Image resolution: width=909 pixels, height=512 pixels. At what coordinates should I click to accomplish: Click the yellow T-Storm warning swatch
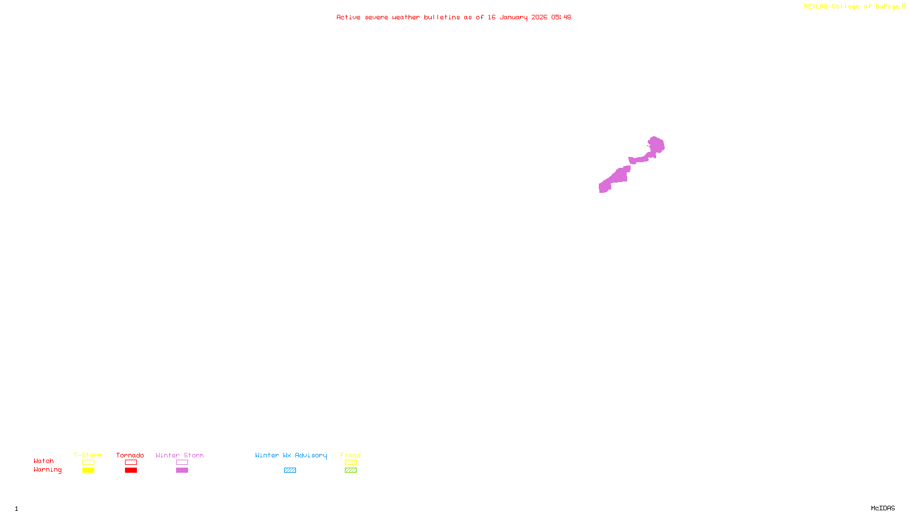(x=88, y=470)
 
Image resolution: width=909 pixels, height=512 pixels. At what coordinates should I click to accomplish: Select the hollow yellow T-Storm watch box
(x=88, y=463)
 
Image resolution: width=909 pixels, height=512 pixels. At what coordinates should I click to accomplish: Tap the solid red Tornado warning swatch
(x=131, y=470)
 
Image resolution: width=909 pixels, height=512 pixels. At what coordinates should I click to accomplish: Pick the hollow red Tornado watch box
(x=131, y=463)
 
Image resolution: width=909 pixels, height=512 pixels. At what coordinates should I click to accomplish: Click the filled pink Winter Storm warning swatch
(x=182, y=470)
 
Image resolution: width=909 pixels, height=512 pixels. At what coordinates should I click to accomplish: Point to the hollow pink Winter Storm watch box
(x=182, y=463)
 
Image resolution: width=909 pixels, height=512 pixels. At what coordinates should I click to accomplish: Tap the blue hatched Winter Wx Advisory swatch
(x=290, y=470)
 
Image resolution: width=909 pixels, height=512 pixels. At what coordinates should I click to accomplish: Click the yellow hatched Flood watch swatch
(x=351, y=463)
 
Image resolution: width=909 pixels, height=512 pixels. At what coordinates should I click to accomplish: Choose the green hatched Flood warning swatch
(x=351, y=470)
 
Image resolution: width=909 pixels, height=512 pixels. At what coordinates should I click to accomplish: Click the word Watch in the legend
(x=44, y=461)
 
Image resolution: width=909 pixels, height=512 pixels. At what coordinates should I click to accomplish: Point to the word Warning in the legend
(x=47, y=470)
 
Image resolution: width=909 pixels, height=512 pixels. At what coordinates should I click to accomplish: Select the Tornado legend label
(x=130, y=455)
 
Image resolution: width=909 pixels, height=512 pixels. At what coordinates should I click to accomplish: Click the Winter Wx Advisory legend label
(x=291, y=455)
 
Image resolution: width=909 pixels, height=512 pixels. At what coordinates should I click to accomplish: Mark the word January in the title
(x=514, y=17)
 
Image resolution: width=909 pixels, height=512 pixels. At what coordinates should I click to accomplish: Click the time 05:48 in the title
(x=561, y=17)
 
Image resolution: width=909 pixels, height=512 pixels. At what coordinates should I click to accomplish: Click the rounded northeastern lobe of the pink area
(x=657, y=145)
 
